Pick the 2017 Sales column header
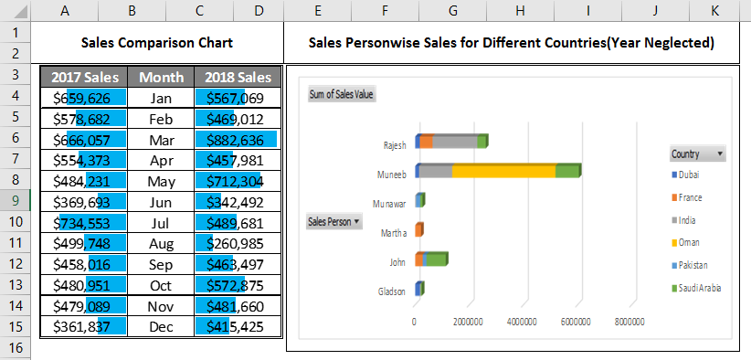(x=83, y=77)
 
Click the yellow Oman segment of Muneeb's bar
(x=503, y=171)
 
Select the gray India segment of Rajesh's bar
(x=454, y=141)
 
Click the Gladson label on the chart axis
(x=392, y=292)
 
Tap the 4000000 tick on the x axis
(x=522, y=322)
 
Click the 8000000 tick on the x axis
(x=629, y=322)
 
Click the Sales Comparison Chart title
(x=156, y=43)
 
